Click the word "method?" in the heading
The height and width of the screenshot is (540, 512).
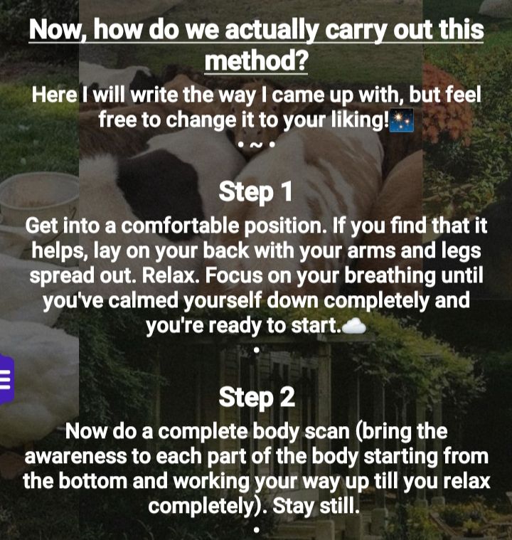tap(256, 60)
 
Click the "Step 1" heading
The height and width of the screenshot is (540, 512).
tap(255, 192)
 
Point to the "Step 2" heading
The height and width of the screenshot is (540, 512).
tap(257, 397)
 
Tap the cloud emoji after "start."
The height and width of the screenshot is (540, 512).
tap(354, 326)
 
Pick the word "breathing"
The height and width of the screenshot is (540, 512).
tap(390, 277)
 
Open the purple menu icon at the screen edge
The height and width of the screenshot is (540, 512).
tap(6, 378)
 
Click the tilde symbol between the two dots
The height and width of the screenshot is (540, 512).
tap(255, 145)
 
